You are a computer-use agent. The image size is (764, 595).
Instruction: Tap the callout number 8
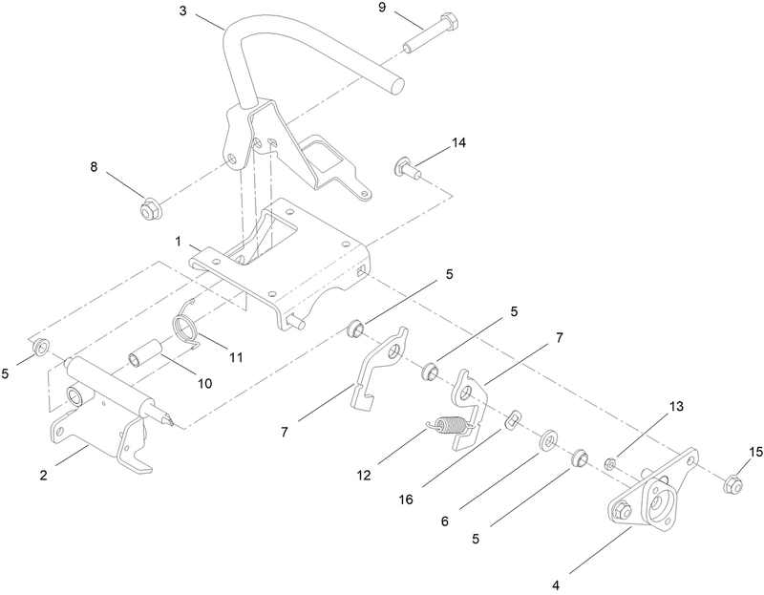[x=94, y=167]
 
